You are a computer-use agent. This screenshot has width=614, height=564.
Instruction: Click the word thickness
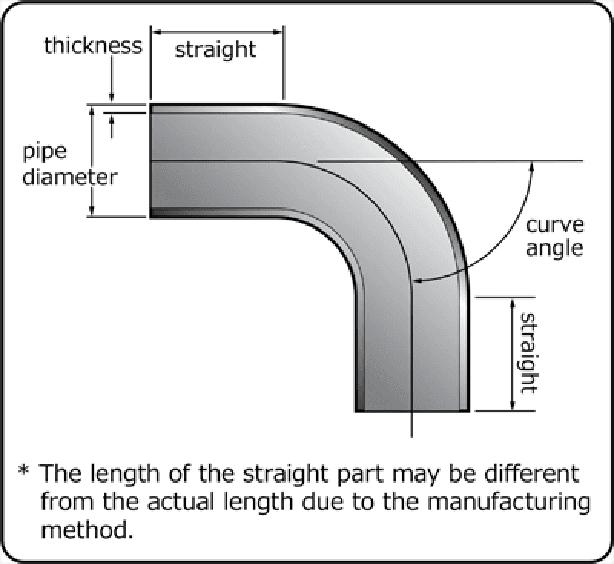[x=93, y=45]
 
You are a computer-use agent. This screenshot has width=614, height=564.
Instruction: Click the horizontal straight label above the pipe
[x=216, y=51]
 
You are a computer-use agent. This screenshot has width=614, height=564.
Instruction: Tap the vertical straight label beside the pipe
[x=527, y=353]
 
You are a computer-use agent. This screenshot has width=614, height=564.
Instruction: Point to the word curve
[x=555, y=225]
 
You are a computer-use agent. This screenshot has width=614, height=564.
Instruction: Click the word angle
[x=555, y=249]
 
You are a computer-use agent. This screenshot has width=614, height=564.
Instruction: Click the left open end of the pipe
[x=150, y=161]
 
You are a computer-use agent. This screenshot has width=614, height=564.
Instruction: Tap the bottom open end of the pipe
[x=412, y=410]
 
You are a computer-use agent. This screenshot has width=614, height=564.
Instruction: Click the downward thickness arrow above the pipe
[x=113, y=85]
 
